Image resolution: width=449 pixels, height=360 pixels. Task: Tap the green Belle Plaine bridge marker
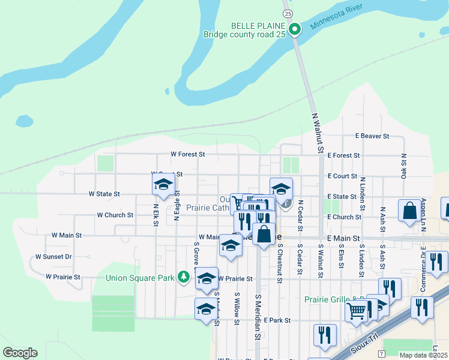click(295, 29)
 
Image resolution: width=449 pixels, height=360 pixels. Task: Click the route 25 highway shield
click(288, 13)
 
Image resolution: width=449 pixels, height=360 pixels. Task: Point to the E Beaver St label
click(372, 136)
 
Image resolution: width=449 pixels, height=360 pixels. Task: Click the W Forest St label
click(188, 154)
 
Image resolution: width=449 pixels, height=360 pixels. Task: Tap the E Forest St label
click(343, 155)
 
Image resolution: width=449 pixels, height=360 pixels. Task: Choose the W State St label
click(104, 194)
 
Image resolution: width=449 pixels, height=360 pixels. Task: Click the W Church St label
click(115, 215)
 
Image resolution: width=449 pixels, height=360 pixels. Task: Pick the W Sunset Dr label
click(53, 257)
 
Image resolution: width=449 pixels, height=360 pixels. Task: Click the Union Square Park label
click(140, 278)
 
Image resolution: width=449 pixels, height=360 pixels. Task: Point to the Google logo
click(20, 353)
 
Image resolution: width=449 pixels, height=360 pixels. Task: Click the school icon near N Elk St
click(163, 186)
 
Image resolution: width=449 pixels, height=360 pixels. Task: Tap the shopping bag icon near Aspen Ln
click(410, 211)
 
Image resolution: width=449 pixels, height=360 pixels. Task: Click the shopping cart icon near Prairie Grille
click(356, 311)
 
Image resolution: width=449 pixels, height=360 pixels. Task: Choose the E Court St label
click(342, 176)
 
